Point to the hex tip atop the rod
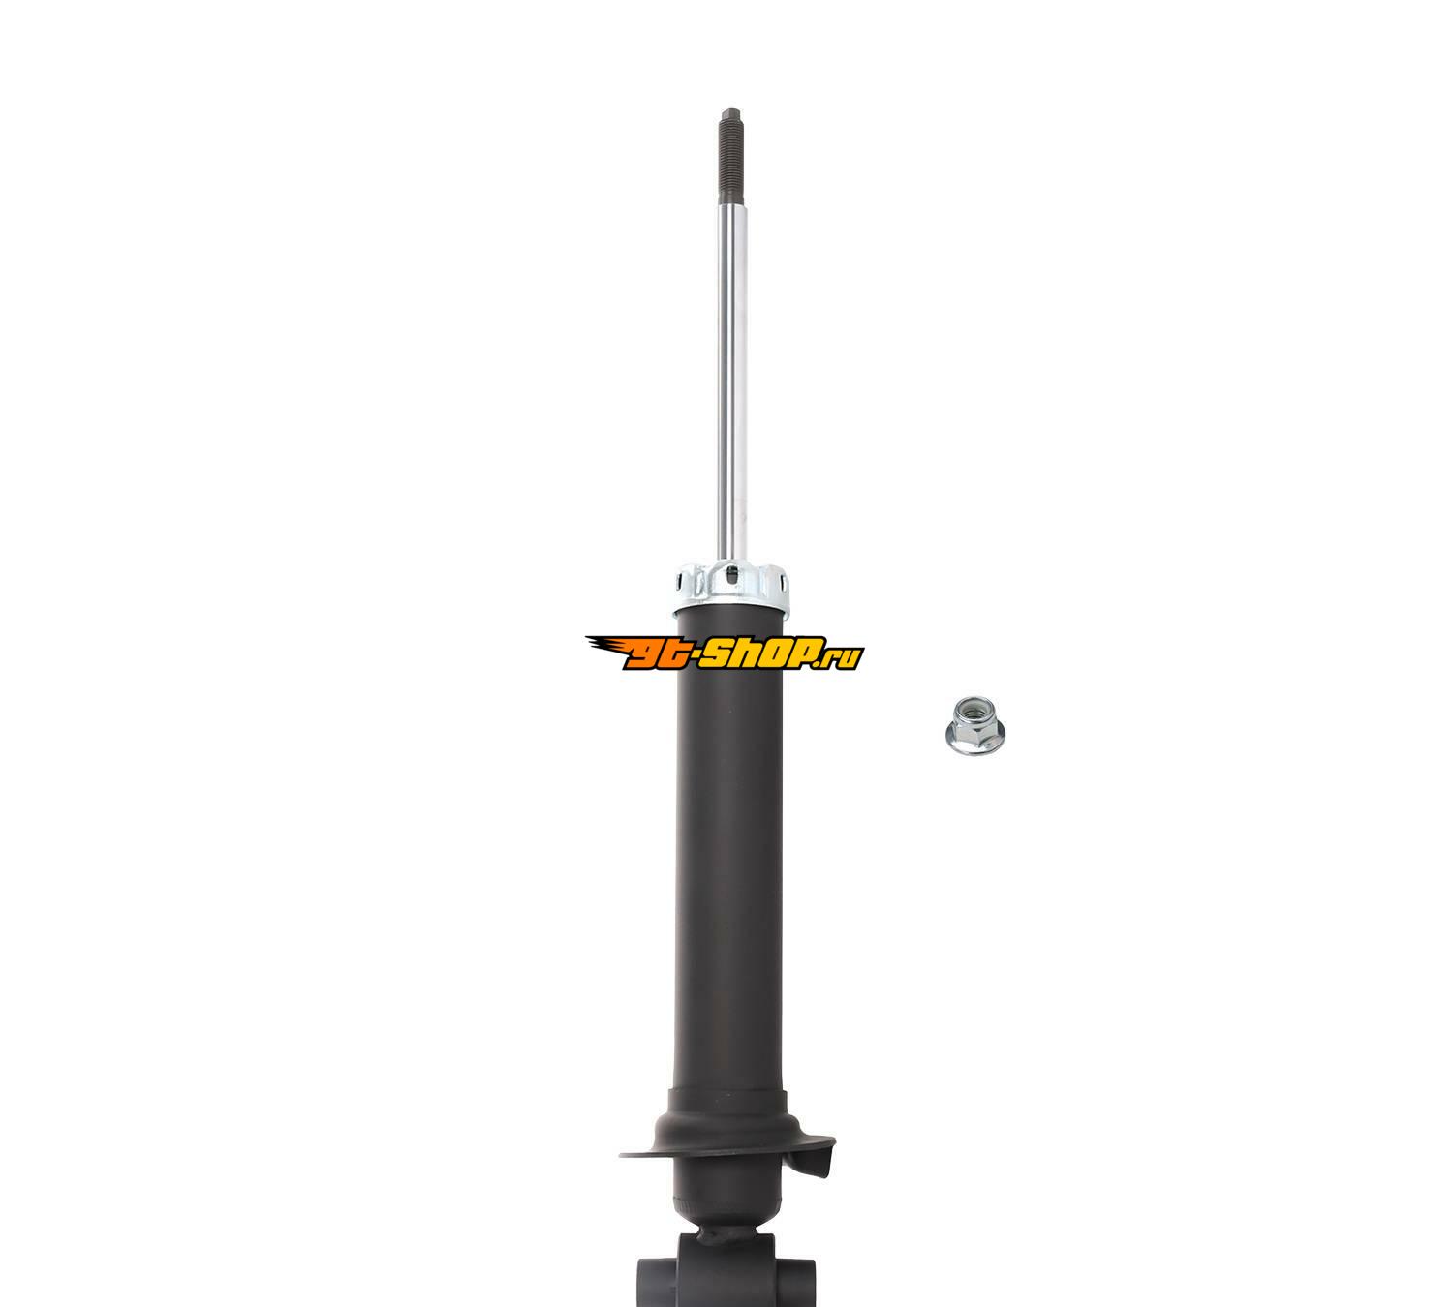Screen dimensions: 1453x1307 (730, 113)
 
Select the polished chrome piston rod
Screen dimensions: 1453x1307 (731, 383)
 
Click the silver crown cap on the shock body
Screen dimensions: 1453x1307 (731, 588)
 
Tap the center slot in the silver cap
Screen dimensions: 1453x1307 (732, 577)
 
